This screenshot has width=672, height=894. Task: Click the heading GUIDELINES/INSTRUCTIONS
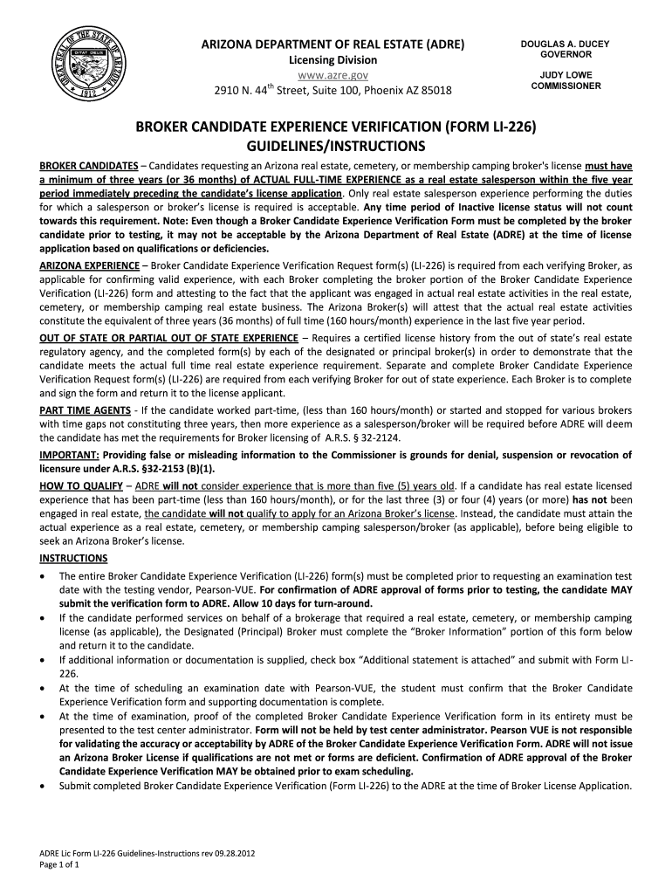point(335,144)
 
